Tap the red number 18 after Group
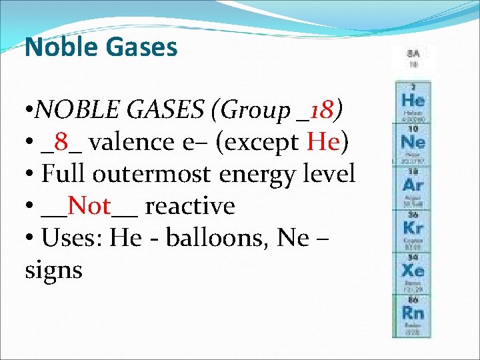click(x=325, y=109)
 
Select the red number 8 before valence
click(x=61, y=142)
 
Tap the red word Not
click(x=89, y=207)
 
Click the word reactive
click(x=190, y=207)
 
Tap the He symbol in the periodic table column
click(x=413, y=101)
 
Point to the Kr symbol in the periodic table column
click(x=413, y=227)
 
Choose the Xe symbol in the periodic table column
click(x=413, y=270)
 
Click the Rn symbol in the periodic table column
click(x=413, y=312)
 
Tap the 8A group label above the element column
click(x=413, y=53)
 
